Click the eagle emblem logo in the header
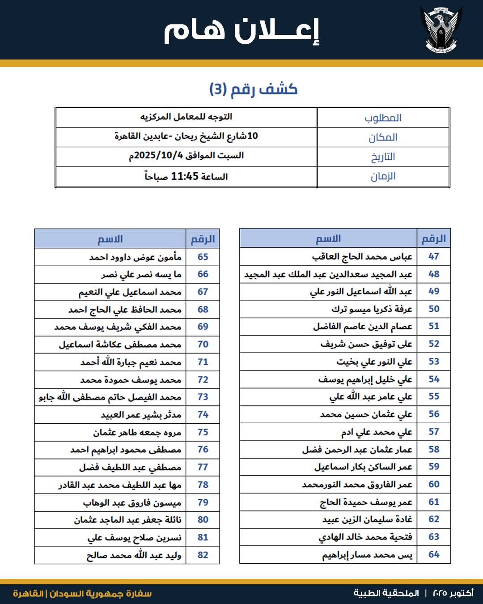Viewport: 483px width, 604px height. point(441,29)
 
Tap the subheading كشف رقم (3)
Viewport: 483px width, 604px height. point(253,89)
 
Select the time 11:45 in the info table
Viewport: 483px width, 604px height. point(184,176)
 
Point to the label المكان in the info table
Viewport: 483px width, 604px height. point(383,137)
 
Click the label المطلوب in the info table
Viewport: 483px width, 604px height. point(383,118)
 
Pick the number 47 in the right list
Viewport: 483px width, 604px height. point(434,256)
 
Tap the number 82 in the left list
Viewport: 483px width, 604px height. point(203,555)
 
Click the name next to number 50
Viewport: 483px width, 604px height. point(372,309)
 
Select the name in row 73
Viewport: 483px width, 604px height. point(110,397)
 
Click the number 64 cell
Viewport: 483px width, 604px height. point(434,554)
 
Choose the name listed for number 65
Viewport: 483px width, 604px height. point(135,257)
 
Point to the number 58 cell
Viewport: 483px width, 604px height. point(434,449)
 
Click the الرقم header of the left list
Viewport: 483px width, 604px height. point(203,239)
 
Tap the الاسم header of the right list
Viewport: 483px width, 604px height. point(328,238)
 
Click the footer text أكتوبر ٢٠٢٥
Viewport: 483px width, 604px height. point(453,593)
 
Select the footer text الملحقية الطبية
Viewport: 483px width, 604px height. point(386,593)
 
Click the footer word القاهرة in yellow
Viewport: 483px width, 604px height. point(28,594)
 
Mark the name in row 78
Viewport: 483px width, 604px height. point(120,485)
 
